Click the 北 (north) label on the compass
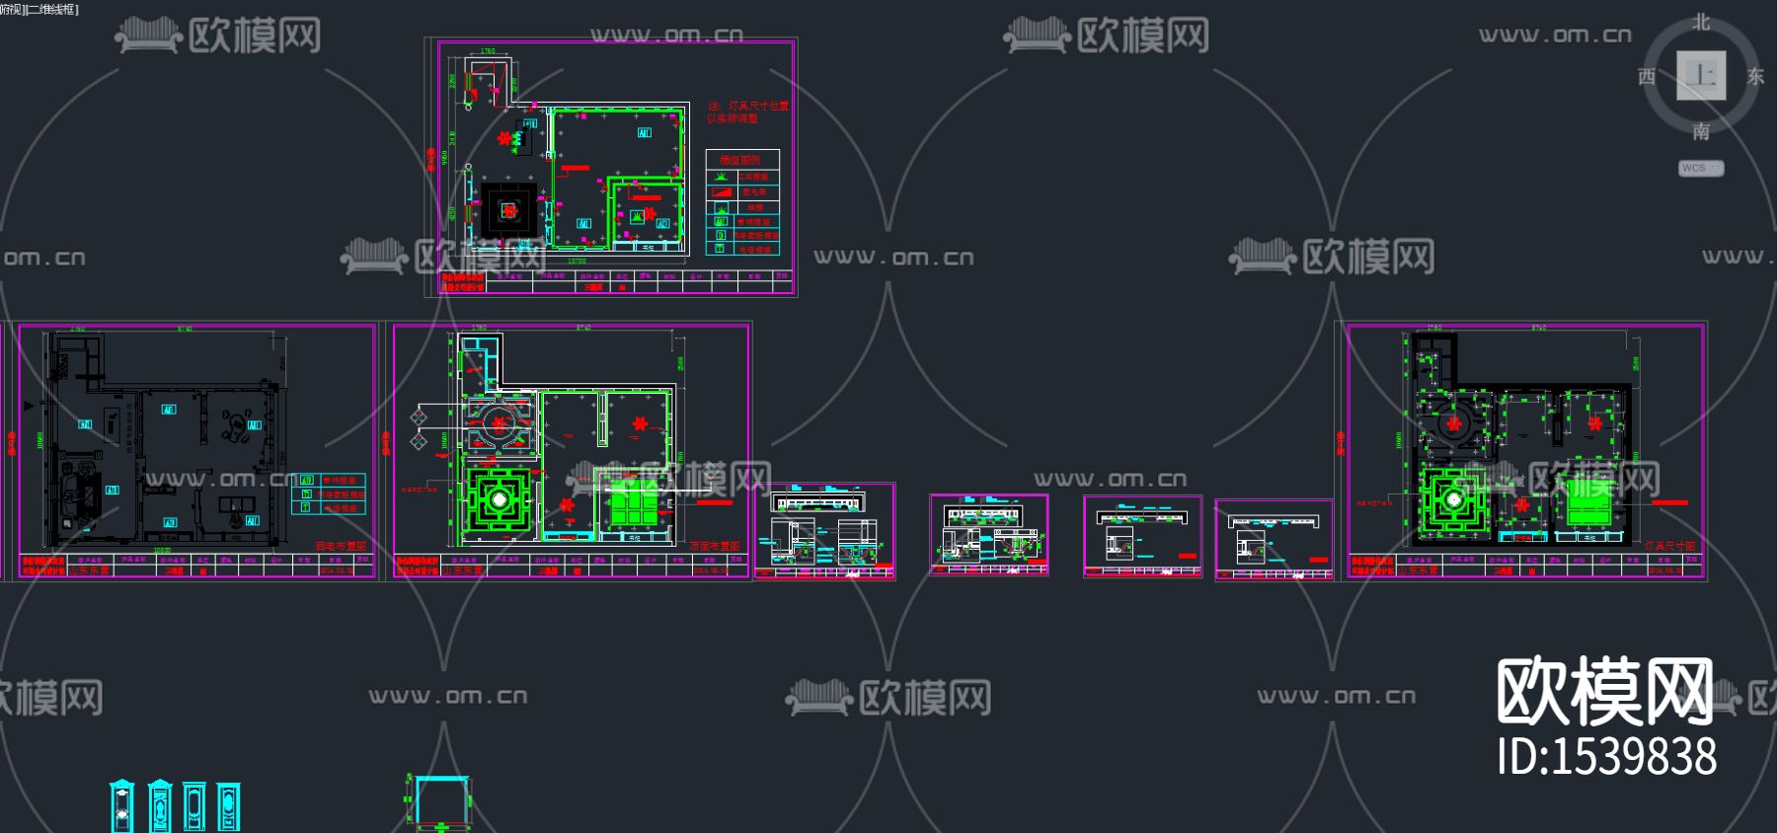click(x=1701, y=23)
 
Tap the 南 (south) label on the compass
click(x=1701, y=131)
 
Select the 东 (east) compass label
click(x=1755, y=76)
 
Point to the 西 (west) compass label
click(x=1647, y=76)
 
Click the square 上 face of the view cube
click(x=1701, y=76)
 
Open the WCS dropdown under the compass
click(x=1701, y=168)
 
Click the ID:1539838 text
click(x=1606, y=757)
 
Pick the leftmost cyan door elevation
click(x=121, y=806)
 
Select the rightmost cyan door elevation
click(x=228, y=806)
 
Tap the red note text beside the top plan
click(x=747, y=112)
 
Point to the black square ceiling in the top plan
click(x=508, y=209)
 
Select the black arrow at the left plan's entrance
click(x=29, y=405)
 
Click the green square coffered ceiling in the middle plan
click(x=500, y=500)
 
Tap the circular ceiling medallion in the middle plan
click(x=499, y=422)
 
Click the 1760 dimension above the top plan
click(x=488, y=51)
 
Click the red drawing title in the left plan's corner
click(x=341, y=546)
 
